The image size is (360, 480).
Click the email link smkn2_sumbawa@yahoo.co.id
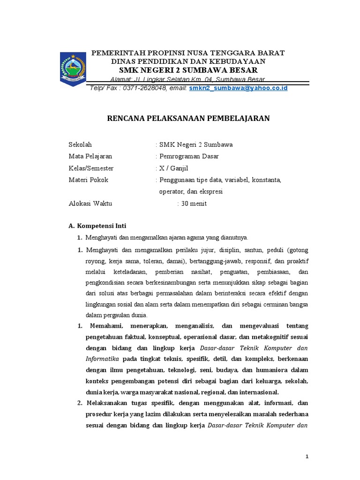click(x=238, y=88)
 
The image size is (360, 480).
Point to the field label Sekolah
click(x=81, y=144)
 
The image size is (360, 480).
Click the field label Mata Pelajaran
click(x=90, y=156)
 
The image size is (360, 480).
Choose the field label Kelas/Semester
click(x=91, y=168)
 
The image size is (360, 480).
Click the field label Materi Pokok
click(x=89, y=180)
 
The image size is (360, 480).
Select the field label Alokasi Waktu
click(x=90, y=203)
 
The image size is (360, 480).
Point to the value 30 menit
click(x=194, y=203)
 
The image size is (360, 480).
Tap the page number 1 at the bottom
click(x=307, y=457)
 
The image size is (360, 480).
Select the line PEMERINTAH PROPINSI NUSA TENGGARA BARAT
click(x=187, y=52)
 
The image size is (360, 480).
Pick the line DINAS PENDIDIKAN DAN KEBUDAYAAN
click(x=188, y=61)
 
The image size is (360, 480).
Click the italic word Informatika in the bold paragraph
click(x=103, y=359)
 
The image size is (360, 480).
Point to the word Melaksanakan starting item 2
click(x=109, y=403)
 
